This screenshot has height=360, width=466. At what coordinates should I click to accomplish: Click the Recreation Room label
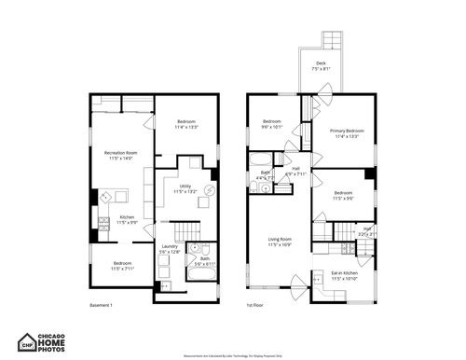[x=120, y=155]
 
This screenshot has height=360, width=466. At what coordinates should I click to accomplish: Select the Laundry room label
[x=168, y=249]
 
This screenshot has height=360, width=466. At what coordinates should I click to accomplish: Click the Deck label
[x=320, y=65]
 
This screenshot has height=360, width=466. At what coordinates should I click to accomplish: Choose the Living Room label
[x=280, y=242]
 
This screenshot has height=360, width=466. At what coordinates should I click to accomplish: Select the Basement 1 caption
[x=101, y=306]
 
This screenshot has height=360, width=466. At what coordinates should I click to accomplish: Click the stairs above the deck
[x=333, y=40]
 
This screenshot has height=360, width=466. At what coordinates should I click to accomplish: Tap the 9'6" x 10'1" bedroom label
[x=272, y=124]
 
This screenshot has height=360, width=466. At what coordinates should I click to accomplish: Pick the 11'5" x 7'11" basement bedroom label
[x=123, y=266]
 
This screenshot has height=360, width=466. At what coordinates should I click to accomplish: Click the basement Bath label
[x=204, y=261]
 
